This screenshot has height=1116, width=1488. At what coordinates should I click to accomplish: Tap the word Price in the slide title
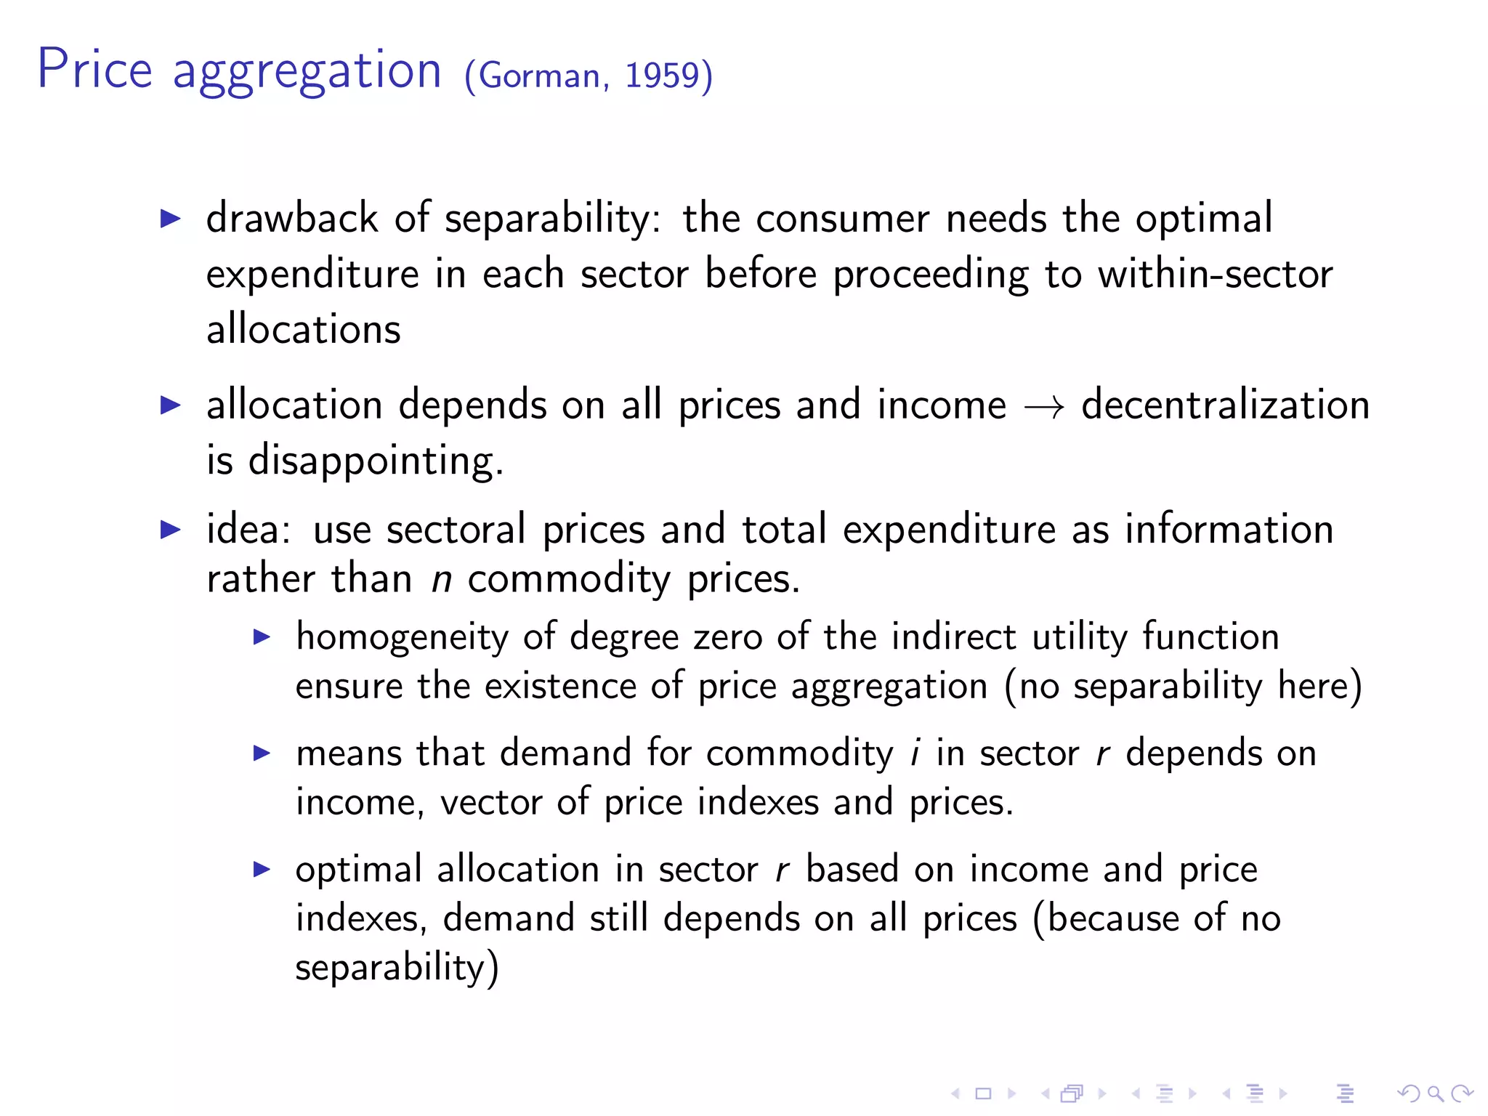94,70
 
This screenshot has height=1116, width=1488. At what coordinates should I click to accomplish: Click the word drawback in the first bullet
292,218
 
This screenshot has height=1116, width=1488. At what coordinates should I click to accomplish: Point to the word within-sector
1215,274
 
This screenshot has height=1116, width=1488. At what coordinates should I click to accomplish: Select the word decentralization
1225,405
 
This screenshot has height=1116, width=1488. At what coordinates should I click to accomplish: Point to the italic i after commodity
915,753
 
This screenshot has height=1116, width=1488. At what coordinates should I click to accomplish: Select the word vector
491,802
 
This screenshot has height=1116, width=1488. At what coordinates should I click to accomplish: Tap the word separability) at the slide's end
397,968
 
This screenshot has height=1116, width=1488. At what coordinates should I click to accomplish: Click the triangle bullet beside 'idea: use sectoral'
170,530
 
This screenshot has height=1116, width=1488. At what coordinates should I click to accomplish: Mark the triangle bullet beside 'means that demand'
262,753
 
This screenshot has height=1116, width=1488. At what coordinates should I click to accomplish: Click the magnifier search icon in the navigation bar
1435,1093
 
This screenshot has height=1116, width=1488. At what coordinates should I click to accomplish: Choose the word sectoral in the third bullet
456,529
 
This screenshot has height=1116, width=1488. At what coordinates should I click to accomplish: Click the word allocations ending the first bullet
303,329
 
